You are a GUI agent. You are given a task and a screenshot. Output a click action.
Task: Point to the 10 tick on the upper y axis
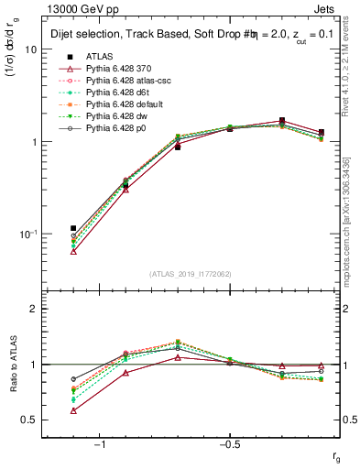pos(30,49)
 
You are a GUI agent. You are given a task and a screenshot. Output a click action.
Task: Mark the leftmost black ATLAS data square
pos(73,228)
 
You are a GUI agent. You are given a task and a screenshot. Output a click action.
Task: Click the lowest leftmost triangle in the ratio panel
pos(73,410)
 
